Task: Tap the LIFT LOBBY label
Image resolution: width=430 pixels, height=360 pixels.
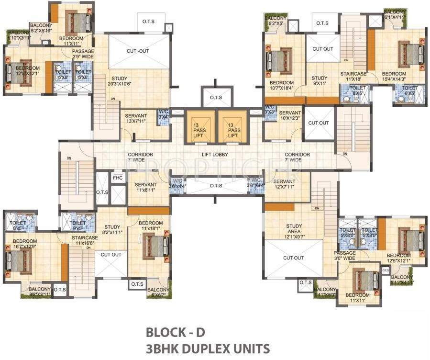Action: point(214,155)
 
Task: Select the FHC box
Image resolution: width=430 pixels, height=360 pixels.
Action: point(117,178)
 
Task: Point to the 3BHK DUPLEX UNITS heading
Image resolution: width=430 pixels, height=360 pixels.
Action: point(208,348)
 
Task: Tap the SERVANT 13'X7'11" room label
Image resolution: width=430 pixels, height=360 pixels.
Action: point(136,118)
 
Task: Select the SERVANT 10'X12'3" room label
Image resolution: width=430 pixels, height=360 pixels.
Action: point(290,115)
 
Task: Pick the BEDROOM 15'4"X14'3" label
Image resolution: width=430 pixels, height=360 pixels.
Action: point(393,77)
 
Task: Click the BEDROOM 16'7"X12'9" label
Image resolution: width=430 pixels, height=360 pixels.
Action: point(25,244)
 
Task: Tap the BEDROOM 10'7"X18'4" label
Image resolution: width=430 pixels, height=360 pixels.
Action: point(281,85)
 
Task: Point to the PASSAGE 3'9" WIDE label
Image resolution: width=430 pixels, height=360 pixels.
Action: point(83,54)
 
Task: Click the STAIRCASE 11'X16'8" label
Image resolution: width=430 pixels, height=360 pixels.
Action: point(85,240)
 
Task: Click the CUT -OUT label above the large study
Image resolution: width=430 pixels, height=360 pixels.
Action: point(139,52)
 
